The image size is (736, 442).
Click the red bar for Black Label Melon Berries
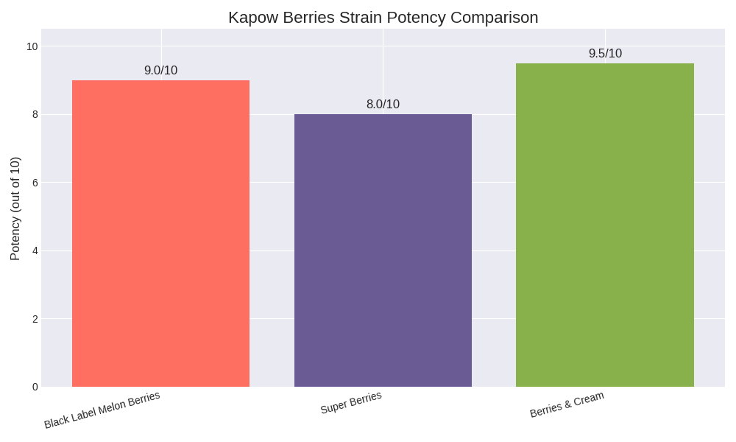click(x=160, y=234)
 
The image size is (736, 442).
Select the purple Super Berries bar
click(x=383, y=250)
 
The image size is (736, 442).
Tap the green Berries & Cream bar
click(x=605, y=225)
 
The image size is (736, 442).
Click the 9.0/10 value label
click(x=160, y=71)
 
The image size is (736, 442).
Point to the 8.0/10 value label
click(x=383, y=105)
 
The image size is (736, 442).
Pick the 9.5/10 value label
click(x=605, y=54)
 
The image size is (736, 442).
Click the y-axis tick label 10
click(x=32, y=46)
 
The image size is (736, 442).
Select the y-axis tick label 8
click(x=35, y=114)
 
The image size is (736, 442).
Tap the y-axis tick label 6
click(x=35, y=183)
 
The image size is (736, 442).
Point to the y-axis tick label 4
click(x=35, y=250)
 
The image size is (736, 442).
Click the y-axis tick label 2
click(x=35, y=319)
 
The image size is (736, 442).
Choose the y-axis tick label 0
click(x=35, y=387)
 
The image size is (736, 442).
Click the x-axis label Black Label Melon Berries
click(x=102, y=410)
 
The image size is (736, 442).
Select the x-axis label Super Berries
click(x=351, y=402)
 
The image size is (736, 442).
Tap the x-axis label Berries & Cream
click(x=567, y=404)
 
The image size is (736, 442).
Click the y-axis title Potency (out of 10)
click(x=15, y=208)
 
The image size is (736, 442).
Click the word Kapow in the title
click(x=251, y=18)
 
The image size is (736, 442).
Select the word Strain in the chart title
click(x=362, y=18)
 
